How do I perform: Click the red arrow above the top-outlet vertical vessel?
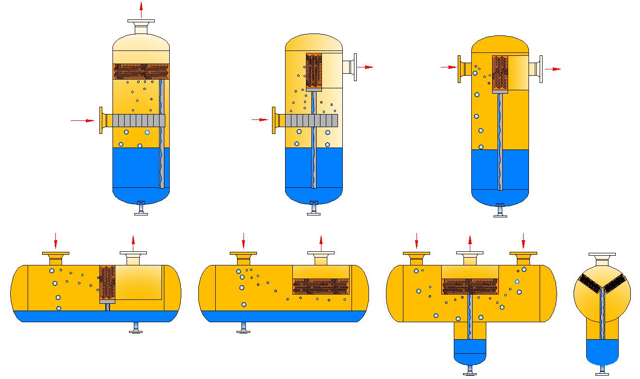coord(141,10)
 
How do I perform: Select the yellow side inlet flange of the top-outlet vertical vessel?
coord(103,120)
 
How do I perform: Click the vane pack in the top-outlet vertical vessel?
coord(141,71)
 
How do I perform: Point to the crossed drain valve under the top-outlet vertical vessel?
coord(141,203)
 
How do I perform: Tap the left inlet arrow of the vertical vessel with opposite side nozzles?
coord(448,67)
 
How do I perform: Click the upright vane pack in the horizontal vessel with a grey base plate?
coord(107,282)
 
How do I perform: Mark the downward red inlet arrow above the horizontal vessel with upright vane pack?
coord(56,240)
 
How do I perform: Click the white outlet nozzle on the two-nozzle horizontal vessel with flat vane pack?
coord(321,258)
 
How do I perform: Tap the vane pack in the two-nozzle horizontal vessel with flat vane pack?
coord(321,286)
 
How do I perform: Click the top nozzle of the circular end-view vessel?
coord(602,260)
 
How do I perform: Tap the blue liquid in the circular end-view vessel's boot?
coord(602,351)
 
